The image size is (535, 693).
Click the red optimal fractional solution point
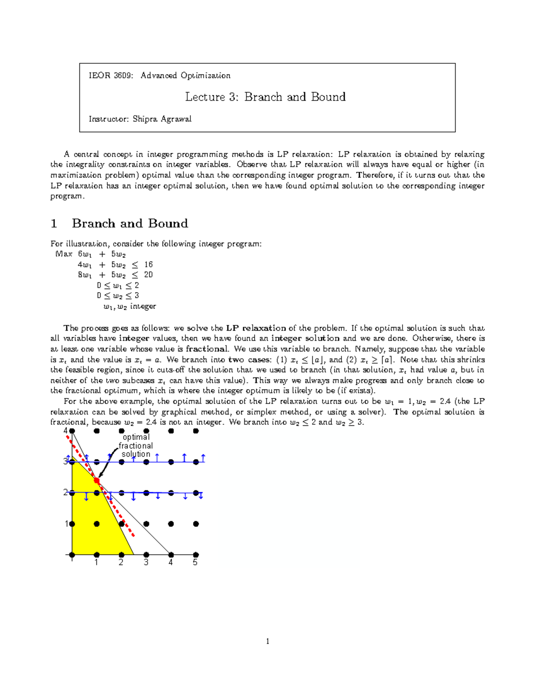tap(97, 481)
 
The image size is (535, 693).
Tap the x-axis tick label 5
tap(195, 563)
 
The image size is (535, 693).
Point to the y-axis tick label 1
tap(67, 524)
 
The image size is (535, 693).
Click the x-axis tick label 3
tap(146, 563)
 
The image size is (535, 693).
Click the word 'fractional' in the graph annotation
tap(136, 446)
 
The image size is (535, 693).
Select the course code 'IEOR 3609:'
tap(111, 75)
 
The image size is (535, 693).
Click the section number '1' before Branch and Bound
tap(54, 224)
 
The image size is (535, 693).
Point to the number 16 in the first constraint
tap(148, 265)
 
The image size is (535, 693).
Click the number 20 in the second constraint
tap(148, 275)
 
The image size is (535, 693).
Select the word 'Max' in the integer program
tap(64, 254)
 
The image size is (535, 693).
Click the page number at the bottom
tap(267, 642)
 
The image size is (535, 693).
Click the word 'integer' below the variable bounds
tap(143, 307)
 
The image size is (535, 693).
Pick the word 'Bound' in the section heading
tap(168, 224)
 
